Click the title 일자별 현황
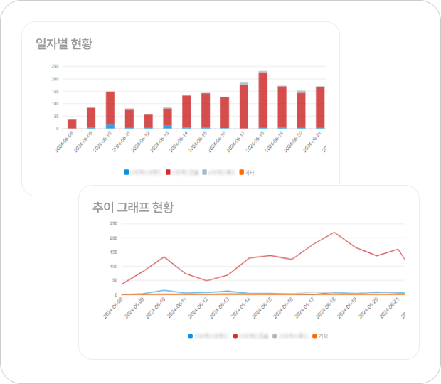(x=64, y=43)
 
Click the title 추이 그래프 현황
(x=133, y=207)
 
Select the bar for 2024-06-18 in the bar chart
(x=262, y=100)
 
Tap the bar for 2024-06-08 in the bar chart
(x=72, y=124)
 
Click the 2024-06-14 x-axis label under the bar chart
(x=181, y=142)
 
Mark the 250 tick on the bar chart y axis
(x=55, y=67)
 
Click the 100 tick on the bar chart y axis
(x=55, y=104)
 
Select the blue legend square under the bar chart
(x=127, y=172)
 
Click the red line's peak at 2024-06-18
(x=334, y=232)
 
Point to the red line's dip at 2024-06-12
(x=206, y=281)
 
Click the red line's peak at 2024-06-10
(x=164, y=257)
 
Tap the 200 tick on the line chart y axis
(x=113, y=238)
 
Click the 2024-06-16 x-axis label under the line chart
(x=285, y=308)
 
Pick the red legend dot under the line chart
(x=235, y=336)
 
